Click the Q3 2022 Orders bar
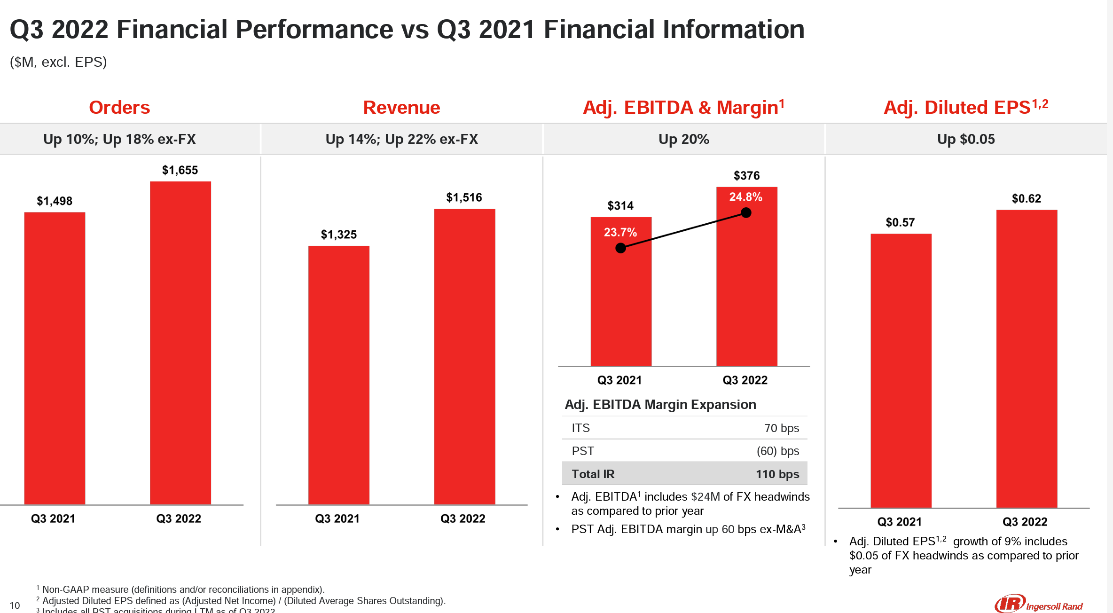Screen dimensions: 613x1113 coord(180,343)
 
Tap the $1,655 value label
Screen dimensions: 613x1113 coord(180,170)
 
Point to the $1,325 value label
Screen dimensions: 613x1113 coord(339,235)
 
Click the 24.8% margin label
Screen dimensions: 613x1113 coord(746,197)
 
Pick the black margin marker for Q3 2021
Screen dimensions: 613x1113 coord(620,248)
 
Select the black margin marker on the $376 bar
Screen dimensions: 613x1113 coord(746,213)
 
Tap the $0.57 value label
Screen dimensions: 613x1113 coord(900,222)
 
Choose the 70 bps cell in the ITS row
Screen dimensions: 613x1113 coord(781,428)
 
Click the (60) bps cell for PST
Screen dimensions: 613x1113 coord(777,451)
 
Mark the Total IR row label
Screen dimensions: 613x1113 coord(593,474)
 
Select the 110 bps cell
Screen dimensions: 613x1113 coord(777,474)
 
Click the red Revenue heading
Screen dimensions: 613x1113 coord(401,108)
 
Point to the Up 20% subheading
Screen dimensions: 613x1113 coord(683,139)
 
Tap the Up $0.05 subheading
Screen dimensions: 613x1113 coord(966,139)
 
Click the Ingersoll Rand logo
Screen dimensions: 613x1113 coord(1039,604)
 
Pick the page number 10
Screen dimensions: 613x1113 coord(15,605)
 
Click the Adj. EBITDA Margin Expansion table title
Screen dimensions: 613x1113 coord(660,405)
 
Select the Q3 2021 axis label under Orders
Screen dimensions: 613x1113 coord(53,519)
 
